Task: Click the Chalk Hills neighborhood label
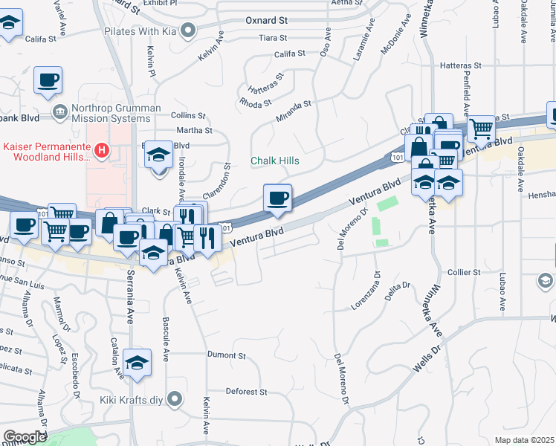[274, 161]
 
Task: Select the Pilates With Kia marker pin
[188, 30]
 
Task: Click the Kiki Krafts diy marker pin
[175, 399]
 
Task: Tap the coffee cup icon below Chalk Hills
[277, 198]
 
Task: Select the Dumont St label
[226, 356]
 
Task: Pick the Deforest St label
[246, 392]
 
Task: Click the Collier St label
[464, 273]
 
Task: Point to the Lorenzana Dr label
[366, 295]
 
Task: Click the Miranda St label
[292, 110]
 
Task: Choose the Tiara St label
[273, 37]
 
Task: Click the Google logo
[25, 437]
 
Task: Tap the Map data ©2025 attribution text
[525, 440]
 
